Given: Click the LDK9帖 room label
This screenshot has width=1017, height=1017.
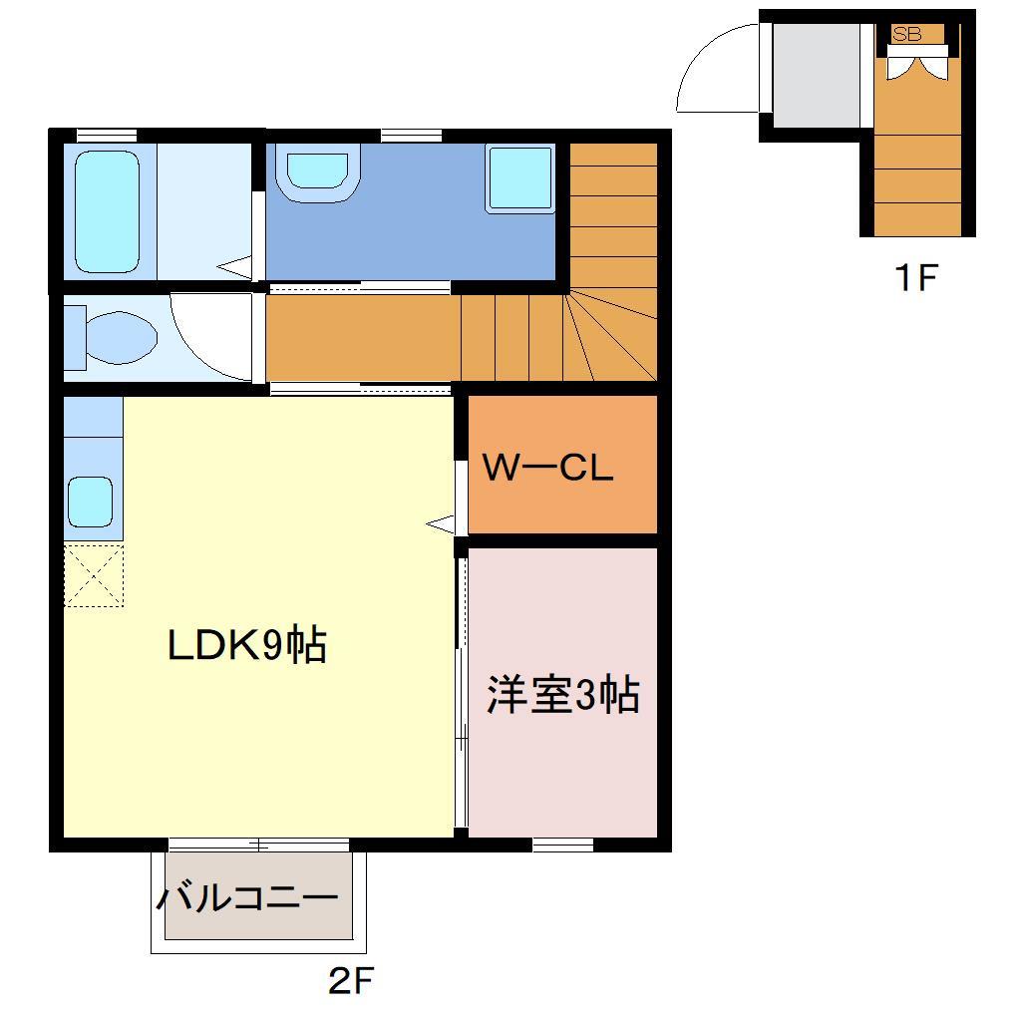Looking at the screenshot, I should (246, 647).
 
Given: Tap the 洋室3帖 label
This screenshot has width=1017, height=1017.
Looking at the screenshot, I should (562, 695).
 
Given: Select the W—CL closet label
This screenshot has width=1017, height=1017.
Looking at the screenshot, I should (547, 468).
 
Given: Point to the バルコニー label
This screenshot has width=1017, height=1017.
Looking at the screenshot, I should (247, 899).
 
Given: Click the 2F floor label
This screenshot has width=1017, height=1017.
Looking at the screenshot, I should (350, 982).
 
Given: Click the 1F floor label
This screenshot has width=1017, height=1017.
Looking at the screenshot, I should (915, 278).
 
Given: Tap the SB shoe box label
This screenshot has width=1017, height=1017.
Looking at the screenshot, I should (907, 35).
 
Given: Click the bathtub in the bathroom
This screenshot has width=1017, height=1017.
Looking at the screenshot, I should (107, 212).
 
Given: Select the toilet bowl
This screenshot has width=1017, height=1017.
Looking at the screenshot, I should (118, 333).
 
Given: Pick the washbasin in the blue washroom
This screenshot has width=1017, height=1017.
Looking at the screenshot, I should (318, 174).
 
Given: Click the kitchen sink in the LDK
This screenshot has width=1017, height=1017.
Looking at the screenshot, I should (90, 502).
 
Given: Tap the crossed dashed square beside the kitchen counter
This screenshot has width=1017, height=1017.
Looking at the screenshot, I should (95, 575).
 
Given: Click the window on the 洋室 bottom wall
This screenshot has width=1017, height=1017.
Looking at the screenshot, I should (562, 846).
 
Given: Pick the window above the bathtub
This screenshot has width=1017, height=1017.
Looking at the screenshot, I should (107, 135).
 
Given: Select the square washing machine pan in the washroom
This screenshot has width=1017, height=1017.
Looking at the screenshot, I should (519, 178).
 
